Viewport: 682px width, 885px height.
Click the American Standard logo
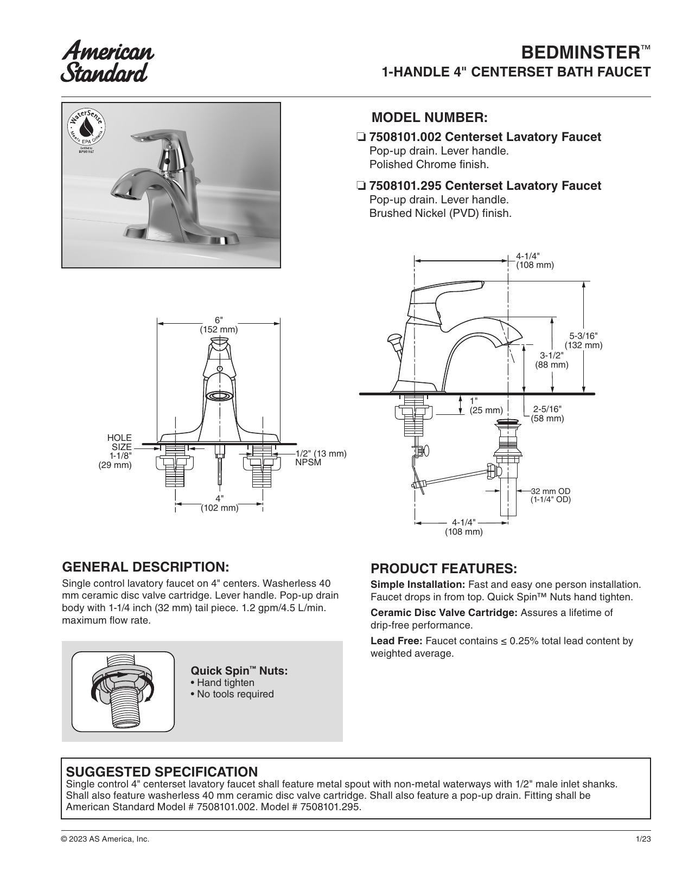point(107,61)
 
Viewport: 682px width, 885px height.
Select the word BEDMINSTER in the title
point(581,53)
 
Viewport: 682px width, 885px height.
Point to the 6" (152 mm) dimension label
point(219,325)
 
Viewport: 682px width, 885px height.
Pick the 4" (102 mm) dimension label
point(219,503)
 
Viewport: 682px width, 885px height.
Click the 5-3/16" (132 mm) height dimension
point(583,341)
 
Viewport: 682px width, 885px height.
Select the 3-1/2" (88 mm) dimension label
point(552,360)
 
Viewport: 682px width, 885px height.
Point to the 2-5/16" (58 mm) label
point(547,414)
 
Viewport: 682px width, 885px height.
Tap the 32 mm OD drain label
point(550,495)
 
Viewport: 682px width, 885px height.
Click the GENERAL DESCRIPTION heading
point(145,567)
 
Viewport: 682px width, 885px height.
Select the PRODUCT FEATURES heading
point(444,568)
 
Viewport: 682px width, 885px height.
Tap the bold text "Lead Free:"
point(397,640)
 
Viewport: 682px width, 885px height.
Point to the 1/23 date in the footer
point(643,839)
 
